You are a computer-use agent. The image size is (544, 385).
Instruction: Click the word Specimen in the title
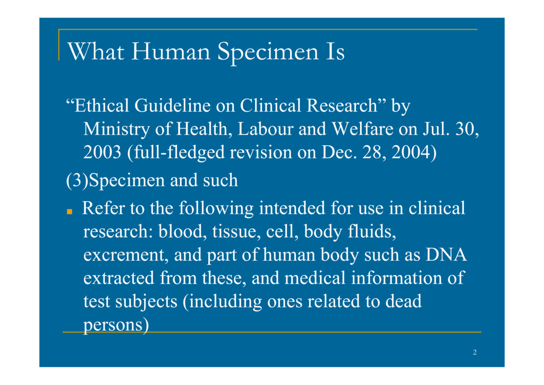(268, 53)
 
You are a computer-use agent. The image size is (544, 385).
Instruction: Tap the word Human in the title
(171, 52)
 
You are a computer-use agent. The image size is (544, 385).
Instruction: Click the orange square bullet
(70, 212)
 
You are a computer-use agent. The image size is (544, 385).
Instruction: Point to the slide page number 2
(474, 353)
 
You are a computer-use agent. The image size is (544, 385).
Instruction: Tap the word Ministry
(116, 130)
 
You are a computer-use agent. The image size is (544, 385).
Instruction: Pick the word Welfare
(362, 129)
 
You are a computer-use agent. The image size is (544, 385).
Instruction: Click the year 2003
(102, 152)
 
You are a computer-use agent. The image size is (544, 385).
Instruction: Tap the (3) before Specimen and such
(77, 180)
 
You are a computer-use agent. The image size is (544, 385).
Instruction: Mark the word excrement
(126, 255)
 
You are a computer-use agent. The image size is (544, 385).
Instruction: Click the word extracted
(118, 278)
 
